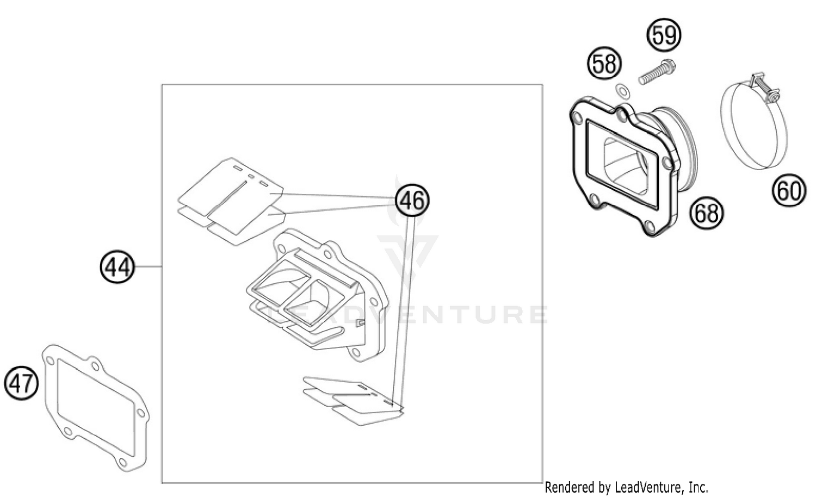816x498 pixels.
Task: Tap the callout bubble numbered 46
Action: click(x=412, y=201)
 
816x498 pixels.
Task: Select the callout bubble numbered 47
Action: click(x=22, y=384)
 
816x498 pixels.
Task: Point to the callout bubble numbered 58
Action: click(x=604, y=64)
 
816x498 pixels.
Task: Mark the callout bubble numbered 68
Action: click(x=707, y=213)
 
